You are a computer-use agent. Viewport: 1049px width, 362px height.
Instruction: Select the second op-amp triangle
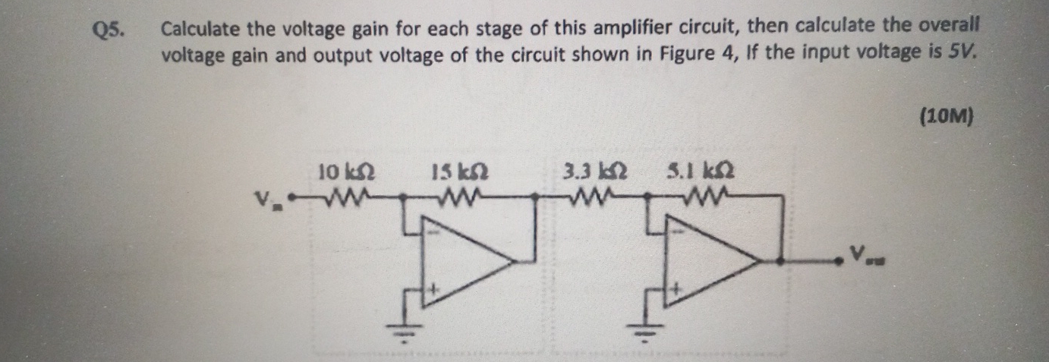point(709,263)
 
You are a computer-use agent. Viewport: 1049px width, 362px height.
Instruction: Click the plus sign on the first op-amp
point(435,289)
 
